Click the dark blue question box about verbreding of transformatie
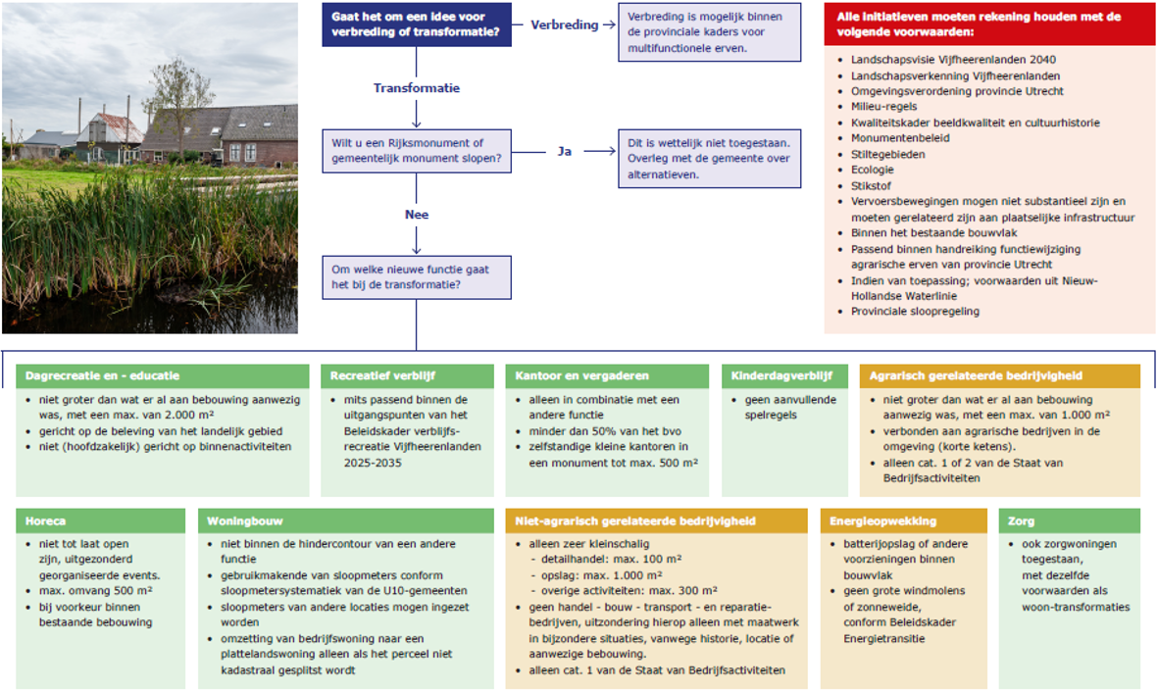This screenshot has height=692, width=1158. tap(417, 25)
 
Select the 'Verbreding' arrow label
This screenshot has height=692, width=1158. tap(564, 25)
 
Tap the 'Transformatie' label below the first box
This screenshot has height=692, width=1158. tap(417, 88)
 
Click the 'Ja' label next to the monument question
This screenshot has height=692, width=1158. tap(564, 151)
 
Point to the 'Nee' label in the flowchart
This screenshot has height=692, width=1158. tap(417, 215)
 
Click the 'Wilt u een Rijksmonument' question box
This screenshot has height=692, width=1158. tap(417, 151)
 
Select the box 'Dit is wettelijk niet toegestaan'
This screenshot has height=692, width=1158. tap(709, 159)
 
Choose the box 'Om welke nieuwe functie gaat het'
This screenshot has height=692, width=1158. tap(417, 277)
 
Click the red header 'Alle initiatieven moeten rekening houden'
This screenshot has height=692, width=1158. tap(989, 25)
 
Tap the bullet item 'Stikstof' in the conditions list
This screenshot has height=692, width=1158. tap(871, 186)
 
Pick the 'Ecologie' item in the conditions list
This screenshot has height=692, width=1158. tap(873, 170)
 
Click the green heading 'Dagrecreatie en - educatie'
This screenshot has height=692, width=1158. tap(102, 376)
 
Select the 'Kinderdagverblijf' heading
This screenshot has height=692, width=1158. tap(781, 376)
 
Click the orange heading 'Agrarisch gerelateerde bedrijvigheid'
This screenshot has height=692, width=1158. tap(976, 376)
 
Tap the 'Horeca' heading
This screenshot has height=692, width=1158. tap(45, 521)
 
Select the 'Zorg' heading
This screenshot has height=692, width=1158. tap(1021, 521)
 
